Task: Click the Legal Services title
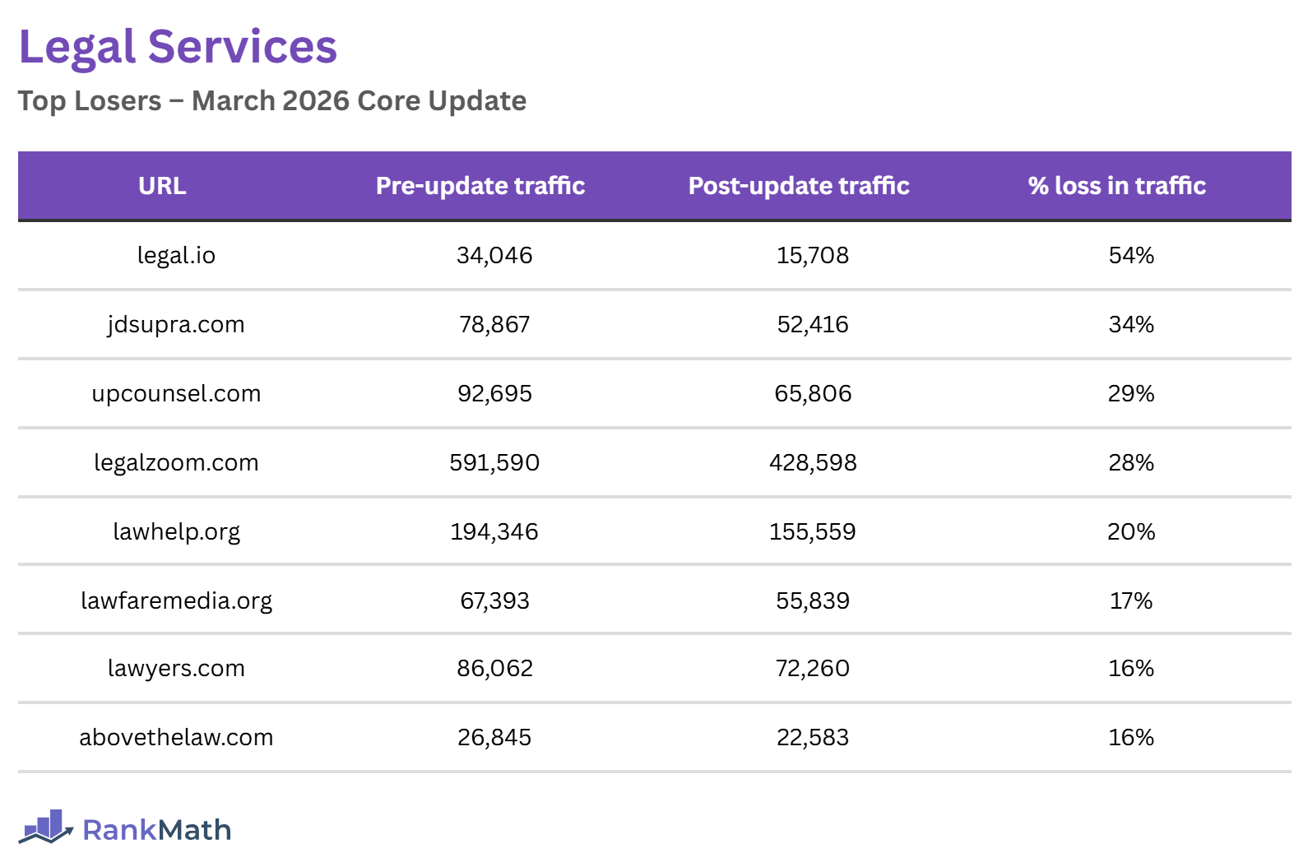[x=178, y=47]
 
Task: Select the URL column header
[x=162, y=186]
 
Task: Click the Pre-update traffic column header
[x=480, y=186]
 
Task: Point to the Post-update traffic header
[x=799, y=186]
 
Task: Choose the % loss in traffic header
[x=1116, y=186]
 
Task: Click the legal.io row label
[x=176, y=256]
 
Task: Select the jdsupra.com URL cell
[x=176, y=325]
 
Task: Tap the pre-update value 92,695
[x=494, y=394]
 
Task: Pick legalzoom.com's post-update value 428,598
[x=813, y=463]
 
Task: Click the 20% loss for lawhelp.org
[x=1131, y=532]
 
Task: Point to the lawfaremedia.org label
[x=176, y=601]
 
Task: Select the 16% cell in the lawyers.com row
[x=1131, y=669]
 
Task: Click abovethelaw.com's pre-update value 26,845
[x=494, y=738]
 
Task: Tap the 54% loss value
[x=1131, y=256]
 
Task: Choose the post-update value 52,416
[x=813, y=325]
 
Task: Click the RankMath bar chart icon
[x=46, y=827]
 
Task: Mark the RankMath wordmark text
[x=156, y=830]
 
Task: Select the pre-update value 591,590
[x=494, y=463]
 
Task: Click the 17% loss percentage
[x=1131, y=601]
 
